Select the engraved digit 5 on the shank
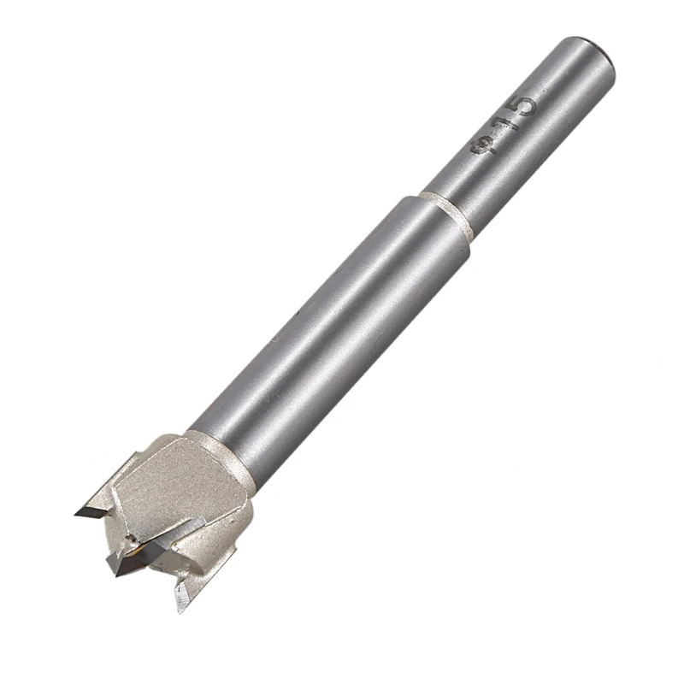click(520, 108)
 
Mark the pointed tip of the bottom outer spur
click(180, 609)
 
